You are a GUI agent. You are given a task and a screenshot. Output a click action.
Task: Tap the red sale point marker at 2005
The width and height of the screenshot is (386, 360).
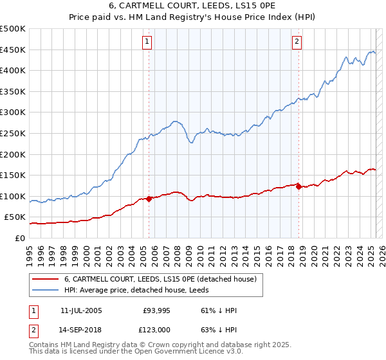pyautogui.click(x=149, y=199)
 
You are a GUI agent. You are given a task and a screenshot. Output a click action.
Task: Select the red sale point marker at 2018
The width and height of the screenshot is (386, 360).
pyautogui.click(x=299, y=186)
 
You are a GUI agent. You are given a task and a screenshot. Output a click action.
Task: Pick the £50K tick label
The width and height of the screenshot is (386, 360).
pyautogui.click(x=15, y=217)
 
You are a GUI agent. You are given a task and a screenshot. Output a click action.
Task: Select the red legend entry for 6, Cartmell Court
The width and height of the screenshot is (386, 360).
pyautogui.click(x=160, y=279)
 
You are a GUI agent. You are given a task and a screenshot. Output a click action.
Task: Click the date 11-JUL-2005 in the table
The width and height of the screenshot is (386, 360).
pyautogui.click(x=81, y=310)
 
